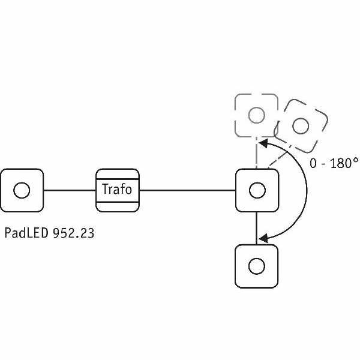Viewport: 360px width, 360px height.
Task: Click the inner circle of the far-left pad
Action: [x=22, y=190]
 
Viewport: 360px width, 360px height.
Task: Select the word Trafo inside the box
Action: [x=118, y=190]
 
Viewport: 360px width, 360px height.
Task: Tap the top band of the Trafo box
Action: [x=118, y=176]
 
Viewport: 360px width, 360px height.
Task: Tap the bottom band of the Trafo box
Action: [x=118, y=205]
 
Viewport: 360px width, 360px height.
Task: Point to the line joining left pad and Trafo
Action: [x=70, y=191]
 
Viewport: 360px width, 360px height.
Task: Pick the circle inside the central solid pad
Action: [x=257, y=190]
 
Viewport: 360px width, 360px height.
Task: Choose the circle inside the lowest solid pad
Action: [x=257, y=265]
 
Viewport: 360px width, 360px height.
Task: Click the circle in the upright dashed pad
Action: [x=256, y=114]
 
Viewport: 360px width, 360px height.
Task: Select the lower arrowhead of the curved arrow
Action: [x=262, y=239]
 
